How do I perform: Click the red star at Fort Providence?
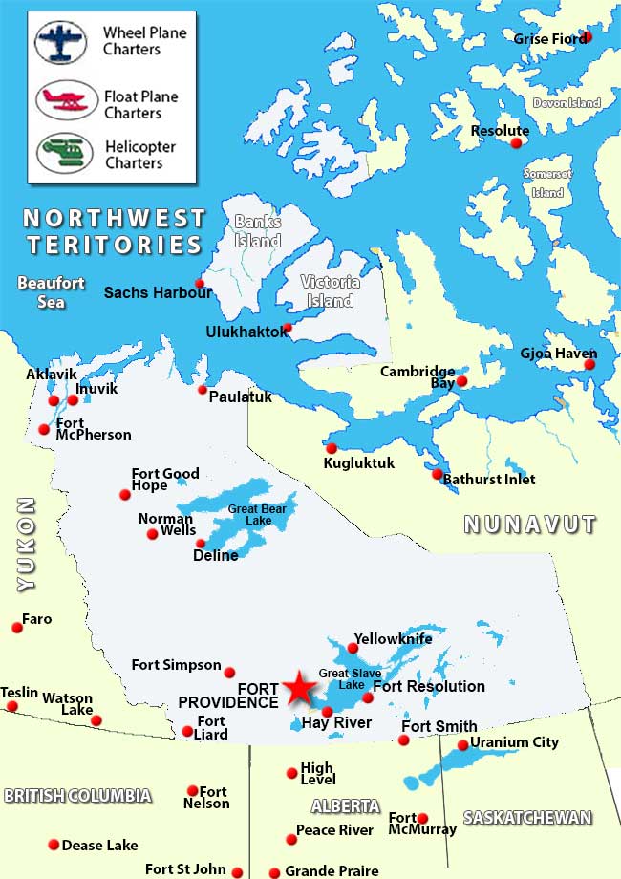[x=299, y=688]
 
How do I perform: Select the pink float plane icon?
[x=67, y=99]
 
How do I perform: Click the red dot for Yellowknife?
[x=353, y=649]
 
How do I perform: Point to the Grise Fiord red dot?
[x=587, y=36]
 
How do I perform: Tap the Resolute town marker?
[x=517, y=143]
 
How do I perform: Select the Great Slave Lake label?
[x=342, y=679]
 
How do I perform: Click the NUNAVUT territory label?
[x=530, y=524]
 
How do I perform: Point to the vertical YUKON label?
[x=26, y=544]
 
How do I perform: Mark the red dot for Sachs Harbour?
[x=200, y=283]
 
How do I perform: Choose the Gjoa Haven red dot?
[x=589, y=364]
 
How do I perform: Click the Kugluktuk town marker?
[x=332, y=448]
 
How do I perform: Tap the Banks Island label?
[x=258, y=230]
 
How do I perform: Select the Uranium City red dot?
[x=463, y=744]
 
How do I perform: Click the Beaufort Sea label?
[x=52, y=291]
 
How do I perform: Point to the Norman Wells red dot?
[x=152, y=534]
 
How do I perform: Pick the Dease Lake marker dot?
[x=54, y=845]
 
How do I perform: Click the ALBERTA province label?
[x=345, y=805]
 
